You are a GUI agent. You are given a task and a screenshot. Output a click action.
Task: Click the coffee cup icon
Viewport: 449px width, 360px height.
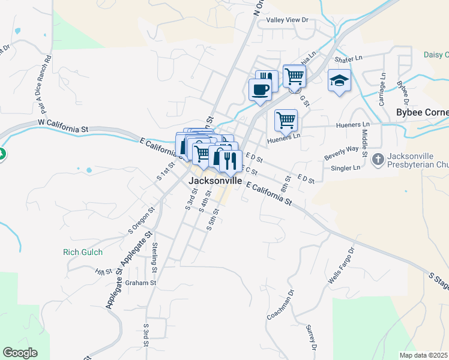[x=260, y=90]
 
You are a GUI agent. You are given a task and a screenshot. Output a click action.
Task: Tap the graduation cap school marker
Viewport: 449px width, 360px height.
[x=339, y=80]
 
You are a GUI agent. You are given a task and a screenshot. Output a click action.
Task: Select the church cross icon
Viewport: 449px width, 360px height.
[x=378, y=159]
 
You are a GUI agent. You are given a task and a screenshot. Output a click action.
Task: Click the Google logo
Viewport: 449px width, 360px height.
[x=20, y=353]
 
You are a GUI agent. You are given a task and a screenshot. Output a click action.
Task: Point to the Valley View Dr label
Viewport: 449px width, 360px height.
[x=287, y=20]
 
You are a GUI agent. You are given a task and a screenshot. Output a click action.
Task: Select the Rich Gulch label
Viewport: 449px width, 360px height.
[x=83, y=252]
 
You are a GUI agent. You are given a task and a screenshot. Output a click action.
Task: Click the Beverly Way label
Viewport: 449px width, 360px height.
[x=341, y=149]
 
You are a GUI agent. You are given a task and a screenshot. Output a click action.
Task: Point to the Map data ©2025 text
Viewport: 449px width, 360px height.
[x=423, y=355]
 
